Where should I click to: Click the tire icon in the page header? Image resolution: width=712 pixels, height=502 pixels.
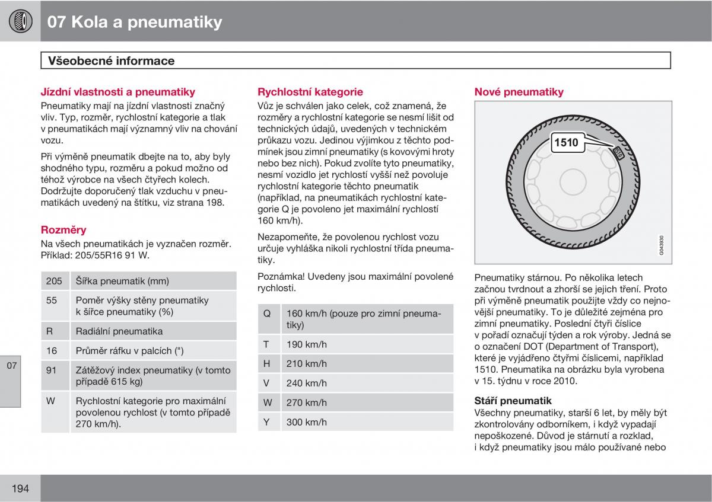[x=20, y=21]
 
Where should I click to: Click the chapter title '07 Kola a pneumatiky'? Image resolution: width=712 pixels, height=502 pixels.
[x=135, y=23]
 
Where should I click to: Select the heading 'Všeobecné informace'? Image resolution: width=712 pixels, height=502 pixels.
[x=112, y=60]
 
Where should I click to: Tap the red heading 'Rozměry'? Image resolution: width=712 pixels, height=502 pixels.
[x=63, y=229]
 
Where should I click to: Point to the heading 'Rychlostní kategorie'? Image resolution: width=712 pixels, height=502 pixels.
[x=310, y=92]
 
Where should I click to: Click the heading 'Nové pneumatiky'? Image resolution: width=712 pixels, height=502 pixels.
[x=519, y=92]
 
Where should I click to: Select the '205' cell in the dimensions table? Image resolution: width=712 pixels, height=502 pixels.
[x=55, y=281]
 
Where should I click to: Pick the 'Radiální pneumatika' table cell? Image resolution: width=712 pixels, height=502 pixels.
[x=154, y=331]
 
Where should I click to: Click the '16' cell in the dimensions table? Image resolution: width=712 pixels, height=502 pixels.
[x=55, y=350]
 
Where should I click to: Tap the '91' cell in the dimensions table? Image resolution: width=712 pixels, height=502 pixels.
[x=55, y=376]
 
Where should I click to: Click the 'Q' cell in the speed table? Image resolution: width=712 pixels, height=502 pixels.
[x=269, y=319]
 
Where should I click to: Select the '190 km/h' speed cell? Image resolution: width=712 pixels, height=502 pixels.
[x=367, y=344]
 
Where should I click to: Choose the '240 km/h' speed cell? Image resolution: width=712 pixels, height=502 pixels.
[x=367, y=383]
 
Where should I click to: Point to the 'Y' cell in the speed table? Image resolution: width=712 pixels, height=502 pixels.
[x=269, y=421]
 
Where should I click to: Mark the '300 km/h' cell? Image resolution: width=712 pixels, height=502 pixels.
[x=367, y=421]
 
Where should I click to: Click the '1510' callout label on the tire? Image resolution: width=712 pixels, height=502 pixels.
[x=568, y=142]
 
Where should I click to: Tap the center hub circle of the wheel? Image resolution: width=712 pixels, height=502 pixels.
[x=573, y=182]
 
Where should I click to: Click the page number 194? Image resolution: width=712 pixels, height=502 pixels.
[x=20, y=488]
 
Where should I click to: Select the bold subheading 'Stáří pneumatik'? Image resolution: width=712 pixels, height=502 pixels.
[x=513, y=401]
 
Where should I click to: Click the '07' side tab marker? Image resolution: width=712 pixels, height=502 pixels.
[x=11, y=366]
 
